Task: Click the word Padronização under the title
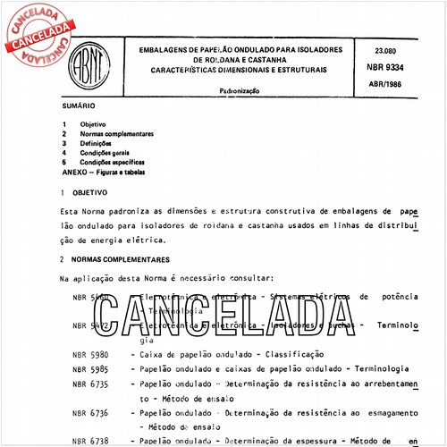[238, 91]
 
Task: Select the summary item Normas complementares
[116, 133]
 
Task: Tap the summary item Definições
[96, 143]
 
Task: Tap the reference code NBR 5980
[89, 355]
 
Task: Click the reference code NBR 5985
[89, 368]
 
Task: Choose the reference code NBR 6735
[89, 383]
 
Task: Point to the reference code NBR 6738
[89, 440]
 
